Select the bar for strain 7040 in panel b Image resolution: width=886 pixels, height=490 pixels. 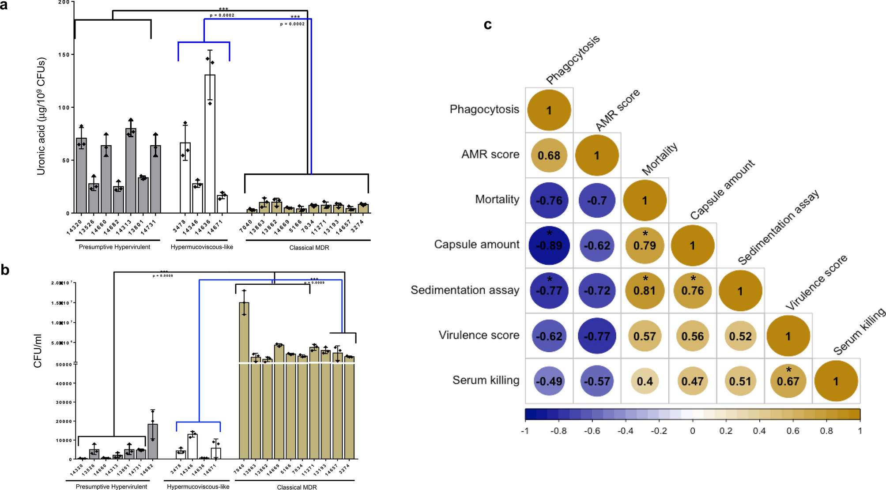coord(244,380)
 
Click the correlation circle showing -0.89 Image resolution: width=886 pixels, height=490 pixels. coord(549,245)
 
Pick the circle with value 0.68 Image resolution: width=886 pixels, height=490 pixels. coord(549,155)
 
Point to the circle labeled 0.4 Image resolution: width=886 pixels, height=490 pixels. coord(645,381)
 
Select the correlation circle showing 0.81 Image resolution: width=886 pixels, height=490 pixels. coord(645,290)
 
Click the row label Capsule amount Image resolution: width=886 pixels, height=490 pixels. coord(476,245)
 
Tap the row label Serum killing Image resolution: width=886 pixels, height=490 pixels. coord(486,380)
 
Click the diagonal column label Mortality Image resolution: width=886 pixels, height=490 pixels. coord(659,159)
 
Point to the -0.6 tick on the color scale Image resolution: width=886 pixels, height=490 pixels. coord(592,431)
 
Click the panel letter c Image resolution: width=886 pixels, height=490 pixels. coord(487,25)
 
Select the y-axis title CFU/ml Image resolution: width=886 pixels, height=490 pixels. coord(38,351)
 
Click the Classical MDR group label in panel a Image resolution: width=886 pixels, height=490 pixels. coord(309,248)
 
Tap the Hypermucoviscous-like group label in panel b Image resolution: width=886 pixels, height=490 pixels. coord(198,486)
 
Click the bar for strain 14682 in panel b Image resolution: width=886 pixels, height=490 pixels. coord(153,441)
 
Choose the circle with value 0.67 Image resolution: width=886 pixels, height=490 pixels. coord(788,381)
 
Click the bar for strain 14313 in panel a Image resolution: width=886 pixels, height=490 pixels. coord(131,171)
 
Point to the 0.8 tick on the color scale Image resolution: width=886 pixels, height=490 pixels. coord(826,431)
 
